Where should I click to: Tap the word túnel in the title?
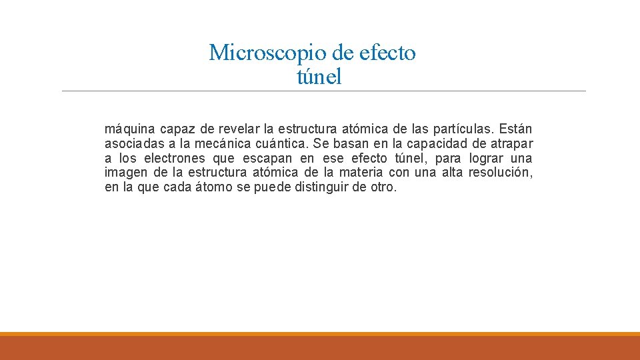click(319, 77)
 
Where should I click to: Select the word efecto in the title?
click(387, 52)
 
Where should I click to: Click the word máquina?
click(127, 129)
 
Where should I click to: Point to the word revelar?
click(239, 129)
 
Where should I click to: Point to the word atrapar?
click(510, 143)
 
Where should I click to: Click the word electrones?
click(175, 158)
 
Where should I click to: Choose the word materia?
click(365, 173)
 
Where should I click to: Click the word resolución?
click(500, 173)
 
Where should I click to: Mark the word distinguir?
click(321, 187)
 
